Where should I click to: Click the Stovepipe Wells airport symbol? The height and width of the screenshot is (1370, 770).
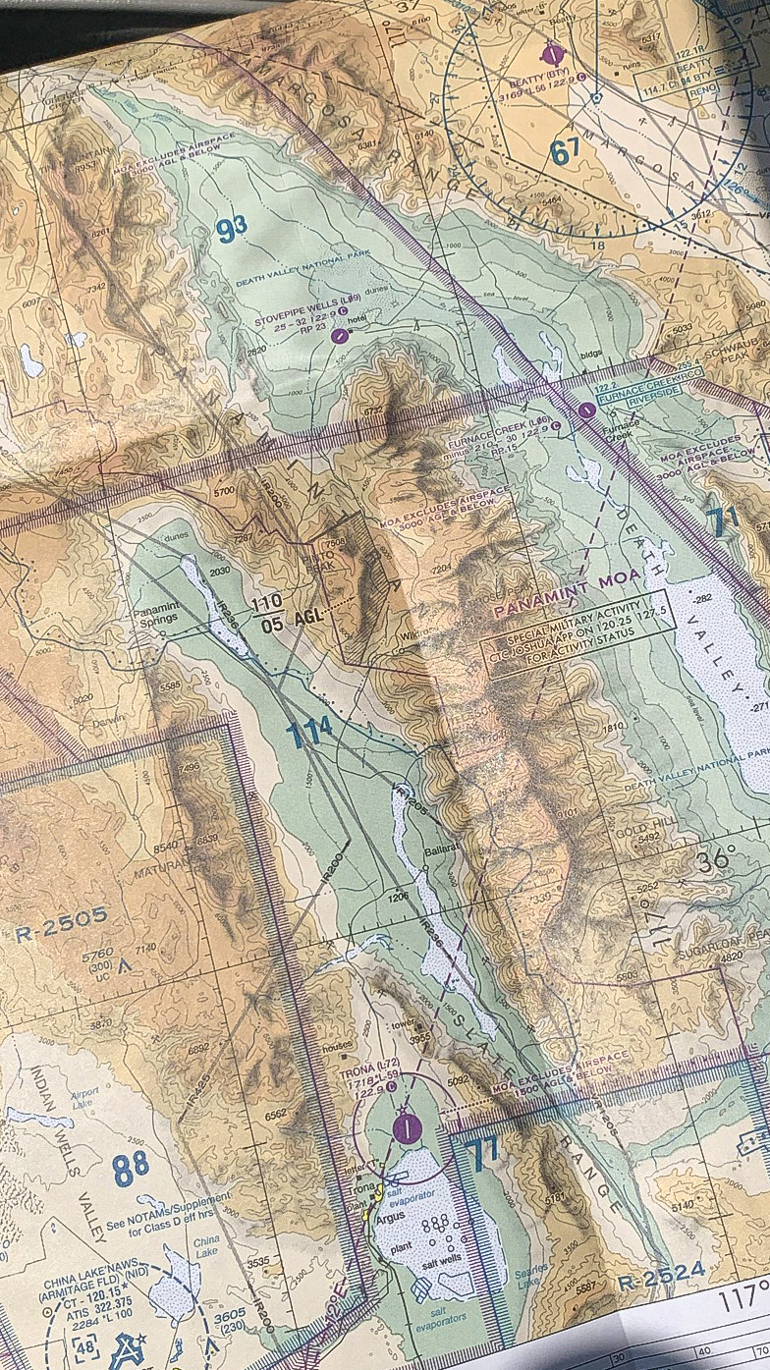point(340,336)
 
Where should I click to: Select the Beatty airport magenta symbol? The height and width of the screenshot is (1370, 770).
point(553,52)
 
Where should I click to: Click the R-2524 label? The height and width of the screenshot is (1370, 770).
point(662,1274)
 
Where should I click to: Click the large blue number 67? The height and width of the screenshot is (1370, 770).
point(565,151)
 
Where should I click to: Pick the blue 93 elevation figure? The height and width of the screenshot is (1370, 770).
point(231,230)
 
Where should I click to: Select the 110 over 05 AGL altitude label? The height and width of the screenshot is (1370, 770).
point(267,611)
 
